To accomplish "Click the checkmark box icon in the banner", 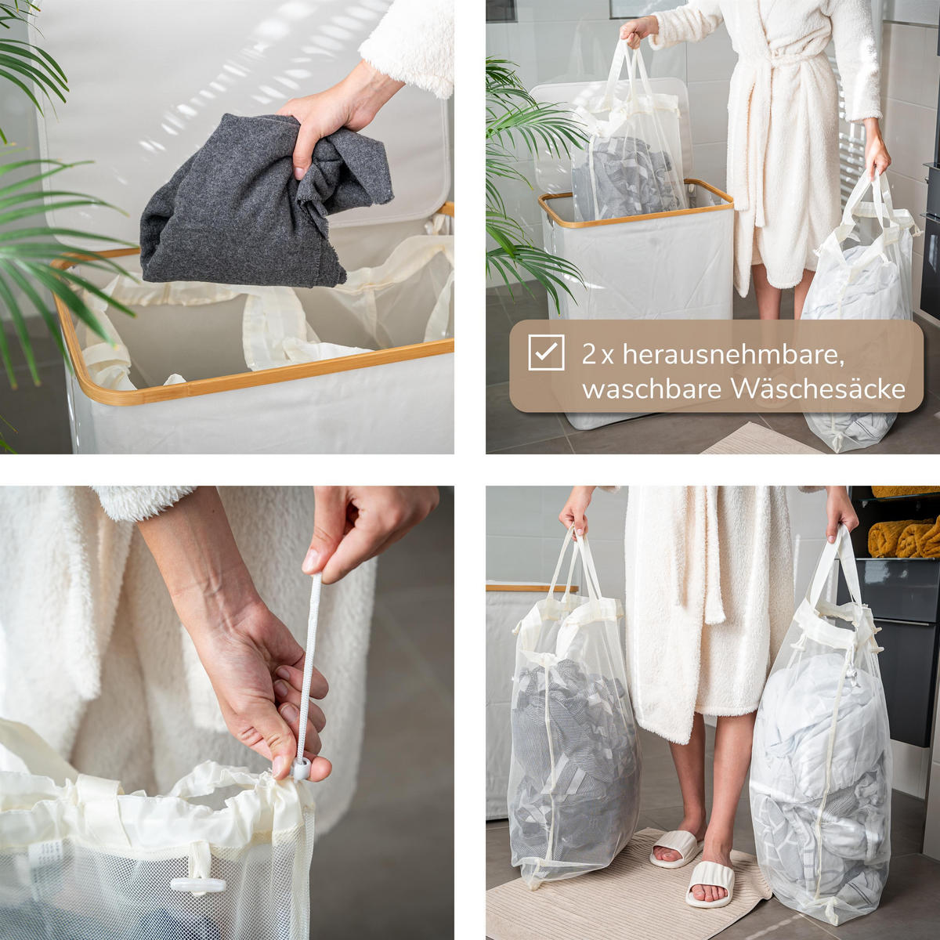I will coord(546,352).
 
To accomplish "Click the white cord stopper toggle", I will coord(300,769).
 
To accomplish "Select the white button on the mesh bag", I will coord(197,884).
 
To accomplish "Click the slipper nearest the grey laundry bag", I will coord(674,848).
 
